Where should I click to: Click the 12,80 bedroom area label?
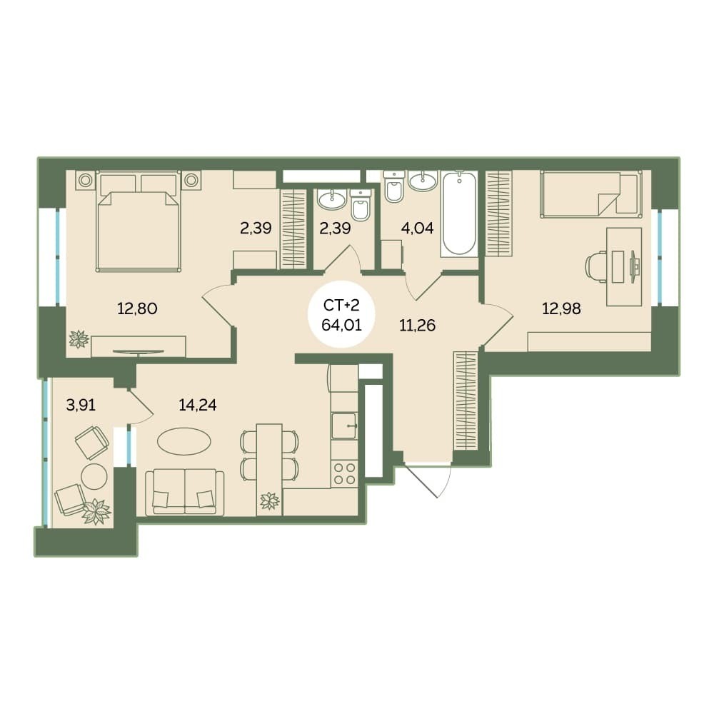pyautogui.click(x=137, y=308)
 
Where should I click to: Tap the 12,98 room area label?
pyautogui.click(x=561, y=308)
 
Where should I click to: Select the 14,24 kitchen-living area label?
pyautogui.click(x=198, y=404)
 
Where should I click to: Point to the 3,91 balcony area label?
pyautogui.click(x=81, y=404)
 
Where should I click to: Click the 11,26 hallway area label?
pyautogui.click(x=417, y=326)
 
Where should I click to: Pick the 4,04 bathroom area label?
pyautogui.click(x=417, y=228)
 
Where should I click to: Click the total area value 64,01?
pyautogui.click(x=341, y=325)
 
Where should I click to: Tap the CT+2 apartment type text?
pyautogui.click(x=341, y=306)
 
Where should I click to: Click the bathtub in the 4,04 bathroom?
pyautogui.click(x=459, y=213)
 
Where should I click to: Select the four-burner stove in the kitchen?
pyautogui.click(x=345, y=473)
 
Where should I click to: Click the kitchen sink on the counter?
pyautogui.click(x=344, y=426)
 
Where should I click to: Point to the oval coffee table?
pyautogui.click(x=184, y=441)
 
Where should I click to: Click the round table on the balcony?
pyautogui.click(x=94, y=477)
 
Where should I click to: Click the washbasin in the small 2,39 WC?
pyautogui.click(x=331, y=199)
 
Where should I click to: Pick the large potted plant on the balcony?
pyautogui.click(x=96, y=511)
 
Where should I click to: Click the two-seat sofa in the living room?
pyautogui.click(x=185, y=493)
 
